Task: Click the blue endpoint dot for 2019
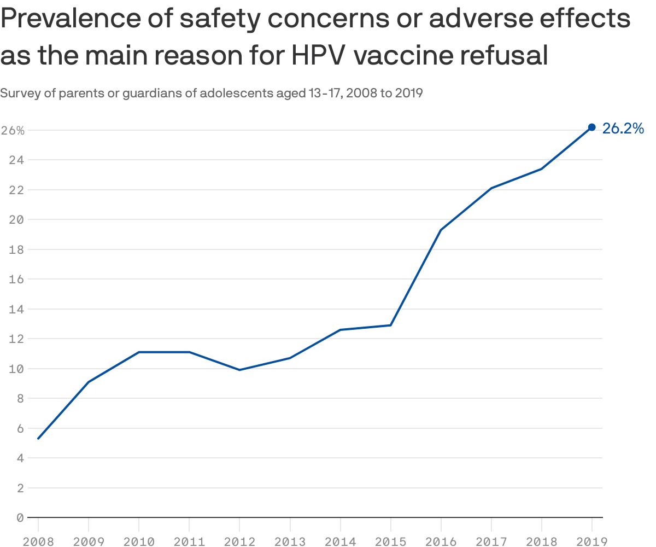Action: (x=591, y=127)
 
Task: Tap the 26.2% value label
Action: (x=623, y=129)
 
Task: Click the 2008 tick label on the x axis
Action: (x=38, y=542)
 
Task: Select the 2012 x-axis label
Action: (x=239, y=542)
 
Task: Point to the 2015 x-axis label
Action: (x=390, y=542)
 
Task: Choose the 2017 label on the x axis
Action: (x=491, y=542)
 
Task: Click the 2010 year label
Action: (x=139, y=542)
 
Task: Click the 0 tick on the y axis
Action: (x=20, y=517)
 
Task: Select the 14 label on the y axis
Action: (x=16, y=309)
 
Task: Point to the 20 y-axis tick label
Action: (x=16, y=220)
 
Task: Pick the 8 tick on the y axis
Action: (x=20, y=398)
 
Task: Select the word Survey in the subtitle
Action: (x=20, y=93)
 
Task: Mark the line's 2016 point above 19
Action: (x=441, y=230)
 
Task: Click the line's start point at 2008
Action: (x=38, y=438)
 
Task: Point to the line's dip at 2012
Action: (x=239, y=370)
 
